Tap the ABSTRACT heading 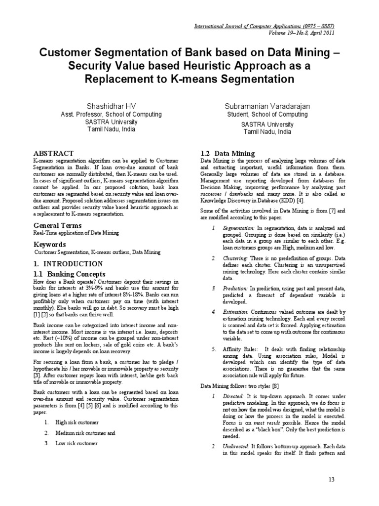pyautogui.click(x=53, y=153)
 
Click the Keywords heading pyautogui.click(x=50, y=245)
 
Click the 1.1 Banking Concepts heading pyautogui.click(x=69, y=274)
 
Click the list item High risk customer pyautogui.click(x=77, y=422)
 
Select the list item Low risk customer pyautogui.click(x=76, y=443)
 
